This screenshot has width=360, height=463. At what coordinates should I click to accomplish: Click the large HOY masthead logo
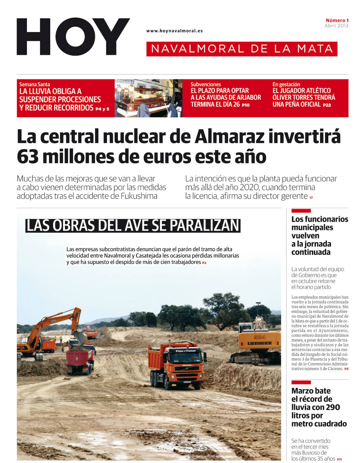[x=73, y=37]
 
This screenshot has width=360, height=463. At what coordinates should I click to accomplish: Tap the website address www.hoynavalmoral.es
[x=174, y=31]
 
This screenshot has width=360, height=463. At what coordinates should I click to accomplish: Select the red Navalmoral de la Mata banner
[x=242, y=49]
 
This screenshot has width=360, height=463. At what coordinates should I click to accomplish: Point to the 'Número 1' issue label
[x=337, y=20]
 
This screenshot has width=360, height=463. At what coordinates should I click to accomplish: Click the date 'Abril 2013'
[x=336, y=26]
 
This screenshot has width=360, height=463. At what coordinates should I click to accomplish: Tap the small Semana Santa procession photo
[x=148, y=98]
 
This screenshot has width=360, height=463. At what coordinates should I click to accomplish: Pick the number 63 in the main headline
[x=28, y=157]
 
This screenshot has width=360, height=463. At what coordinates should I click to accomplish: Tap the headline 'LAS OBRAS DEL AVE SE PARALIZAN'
[x=133, y=225]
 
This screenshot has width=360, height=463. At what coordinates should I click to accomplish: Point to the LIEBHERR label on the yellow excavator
[x=260, y=343]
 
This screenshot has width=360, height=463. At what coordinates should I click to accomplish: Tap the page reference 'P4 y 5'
[x=102, y=109]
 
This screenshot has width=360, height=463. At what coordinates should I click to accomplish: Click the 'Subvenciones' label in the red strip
[x=205, y=84]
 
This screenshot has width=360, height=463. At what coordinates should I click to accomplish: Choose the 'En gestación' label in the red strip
[x=286, y=84]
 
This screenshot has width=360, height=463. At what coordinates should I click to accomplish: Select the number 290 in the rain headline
[x=333, y=407]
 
